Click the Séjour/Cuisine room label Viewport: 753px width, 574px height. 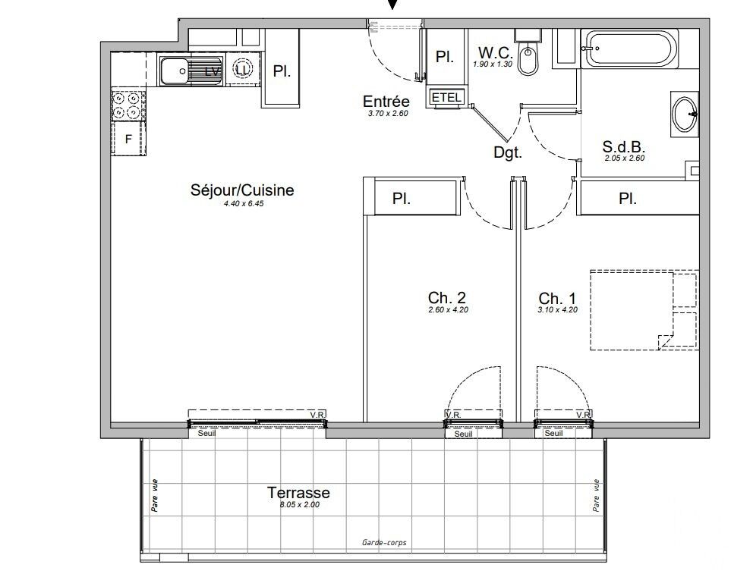(x=242, y=190)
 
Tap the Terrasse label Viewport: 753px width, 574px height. (x=298, y=492)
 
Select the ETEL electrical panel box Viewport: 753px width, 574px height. (x=446, y=97)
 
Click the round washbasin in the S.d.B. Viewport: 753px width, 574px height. (x=685, y=114)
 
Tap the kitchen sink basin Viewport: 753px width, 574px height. (x=175, y=71)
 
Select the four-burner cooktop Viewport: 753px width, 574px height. (x=128, y=105)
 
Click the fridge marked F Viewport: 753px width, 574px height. (x=128, y=139)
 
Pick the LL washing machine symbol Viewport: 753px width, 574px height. (x=243, y=69)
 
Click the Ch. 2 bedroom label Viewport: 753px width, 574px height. (x=446, y=297)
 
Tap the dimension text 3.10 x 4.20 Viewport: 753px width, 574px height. (x=558, y=310)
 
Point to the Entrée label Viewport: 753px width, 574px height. (x=386, y=101)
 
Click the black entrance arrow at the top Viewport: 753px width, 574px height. (x=393, y=4)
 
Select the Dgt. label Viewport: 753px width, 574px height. (x=508, y=152)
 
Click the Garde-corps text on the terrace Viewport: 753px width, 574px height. (x=384, y=542)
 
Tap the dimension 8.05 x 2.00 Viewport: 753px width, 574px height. (x=300, y=504)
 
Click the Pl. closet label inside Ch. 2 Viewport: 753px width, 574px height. (x=401, y=199)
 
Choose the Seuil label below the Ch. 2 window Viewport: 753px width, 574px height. (x=463, y=434)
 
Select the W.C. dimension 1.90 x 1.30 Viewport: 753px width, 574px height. (x=493, y=64)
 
